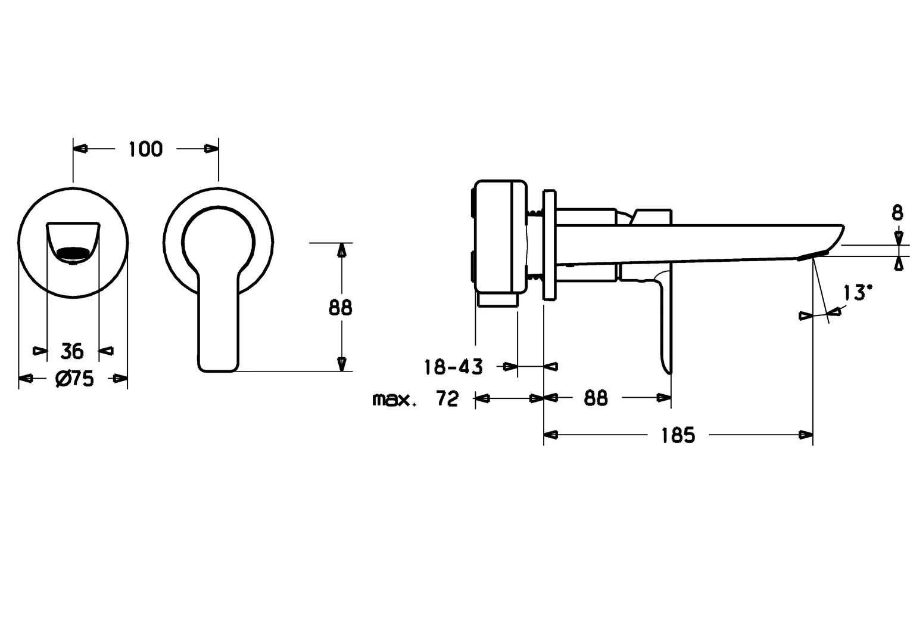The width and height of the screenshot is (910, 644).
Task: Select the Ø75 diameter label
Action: pos(74,379)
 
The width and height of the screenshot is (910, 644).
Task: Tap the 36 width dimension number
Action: pos(72,351)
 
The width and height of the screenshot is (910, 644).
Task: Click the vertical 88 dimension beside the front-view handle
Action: pos(341,307)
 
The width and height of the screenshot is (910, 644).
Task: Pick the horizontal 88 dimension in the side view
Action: pos(596,398)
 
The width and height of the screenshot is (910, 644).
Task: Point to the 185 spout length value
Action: pos(678,435)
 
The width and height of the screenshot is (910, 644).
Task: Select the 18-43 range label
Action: pos(453,367)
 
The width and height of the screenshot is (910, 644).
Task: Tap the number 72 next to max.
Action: pos(447,398)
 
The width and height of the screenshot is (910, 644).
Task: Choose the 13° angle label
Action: pos(857,293)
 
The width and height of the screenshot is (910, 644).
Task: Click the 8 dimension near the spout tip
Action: pos(897,213)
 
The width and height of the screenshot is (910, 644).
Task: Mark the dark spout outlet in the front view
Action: pos(73,254)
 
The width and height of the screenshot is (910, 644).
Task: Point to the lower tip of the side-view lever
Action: pos(669,371)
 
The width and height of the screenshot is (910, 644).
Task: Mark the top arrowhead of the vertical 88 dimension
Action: pos(341,250)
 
